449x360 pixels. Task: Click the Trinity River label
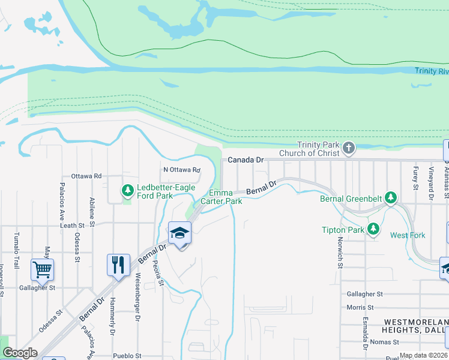[431, 71]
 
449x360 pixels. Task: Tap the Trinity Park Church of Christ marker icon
[348, 147]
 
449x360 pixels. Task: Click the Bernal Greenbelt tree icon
[391, 197]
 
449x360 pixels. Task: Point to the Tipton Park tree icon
[373, 229]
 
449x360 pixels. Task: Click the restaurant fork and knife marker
[118, 265]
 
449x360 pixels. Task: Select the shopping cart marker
[43, 269]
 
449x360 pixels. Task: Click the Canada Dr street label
[246, 160]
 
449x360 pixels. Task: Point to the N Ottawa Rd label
[181, 169]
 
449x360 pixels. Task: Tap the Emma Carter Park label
[225, 197]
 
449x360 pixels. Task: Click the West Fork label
[408, 235]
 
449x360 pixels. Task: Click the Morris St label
[360, 307]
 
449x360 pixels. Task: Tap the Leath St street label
[72, 226]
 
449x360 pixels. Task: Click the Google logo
[20, 353]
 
